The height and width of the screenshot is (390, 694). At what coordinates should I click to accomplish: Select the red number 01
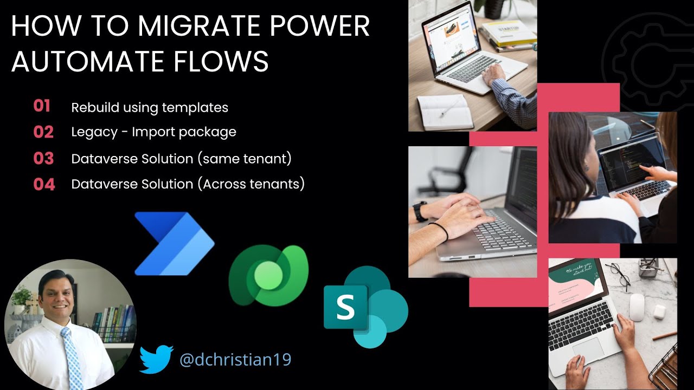(x=42, y=106)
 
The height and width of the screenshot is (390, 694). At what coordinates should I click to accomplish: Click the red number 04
(x=44, y=185)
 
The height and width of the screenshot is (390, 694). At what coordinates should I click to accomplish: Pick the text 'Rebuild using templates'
(x=150, y=107)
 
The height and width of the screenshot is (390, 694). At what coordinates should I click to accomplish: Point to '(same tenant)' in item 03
(x=245, y=159)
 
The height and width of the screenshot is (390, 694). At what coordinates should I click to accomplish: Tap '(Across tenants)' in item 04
(x=250, y=184)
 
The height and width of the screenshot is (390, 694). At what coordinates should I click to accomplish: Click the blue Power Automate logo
(x=173, y=244)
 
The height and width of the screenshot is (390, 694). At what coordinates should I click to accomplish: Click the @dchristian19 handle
(x=235, y=359)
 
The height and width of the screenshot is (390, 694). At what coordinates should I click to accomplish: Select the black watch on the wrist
(x=420, y=211)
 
